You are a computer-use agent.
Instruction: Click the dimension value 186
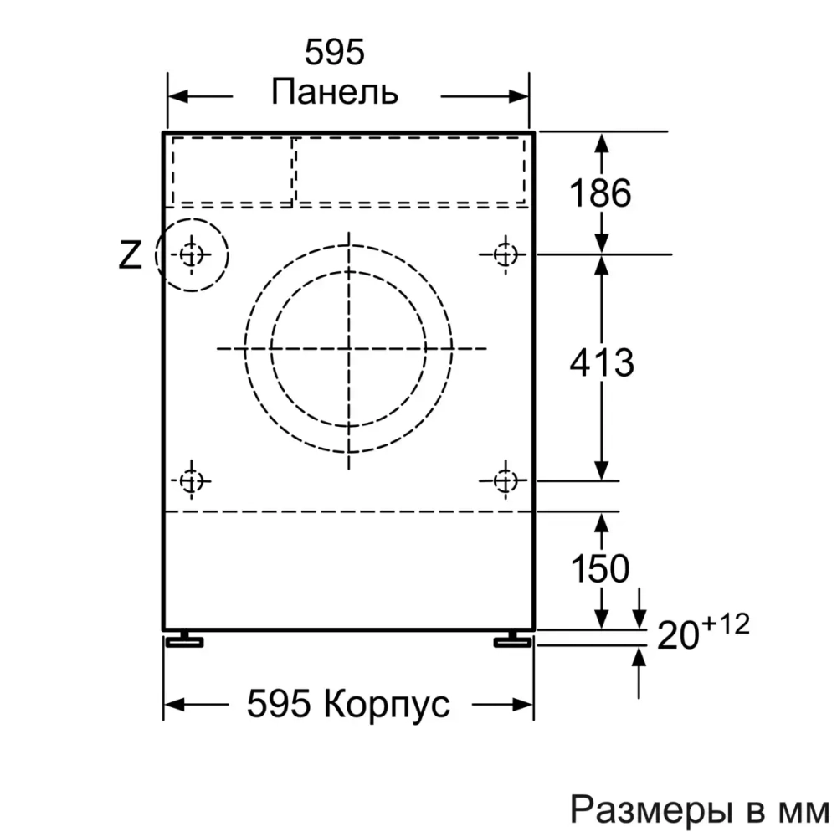(600, 194)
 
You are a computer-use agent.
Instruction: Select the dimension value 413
(601, 362)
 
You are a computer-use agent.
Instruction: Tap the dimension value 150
(599, 569)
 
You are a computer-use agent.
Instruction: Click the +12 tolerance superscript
(725, 624)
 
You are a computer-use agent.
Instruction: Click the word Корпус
(386, 705)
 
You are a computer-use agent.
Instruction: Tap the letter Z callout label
(130, 254)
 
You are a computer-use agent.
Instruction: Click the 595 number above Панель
(335, 54)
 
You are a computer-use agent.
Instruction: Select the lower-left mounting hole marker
(192, 481)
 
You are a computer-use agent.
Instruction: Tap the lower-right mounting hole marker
(504, 481)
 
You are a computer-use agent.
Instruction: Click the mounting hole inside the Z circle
(192, 253)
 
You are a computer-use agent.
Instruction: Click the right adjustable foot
(511, 640)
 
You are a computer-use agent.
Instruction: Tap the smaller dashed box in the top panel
(232, 170)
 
